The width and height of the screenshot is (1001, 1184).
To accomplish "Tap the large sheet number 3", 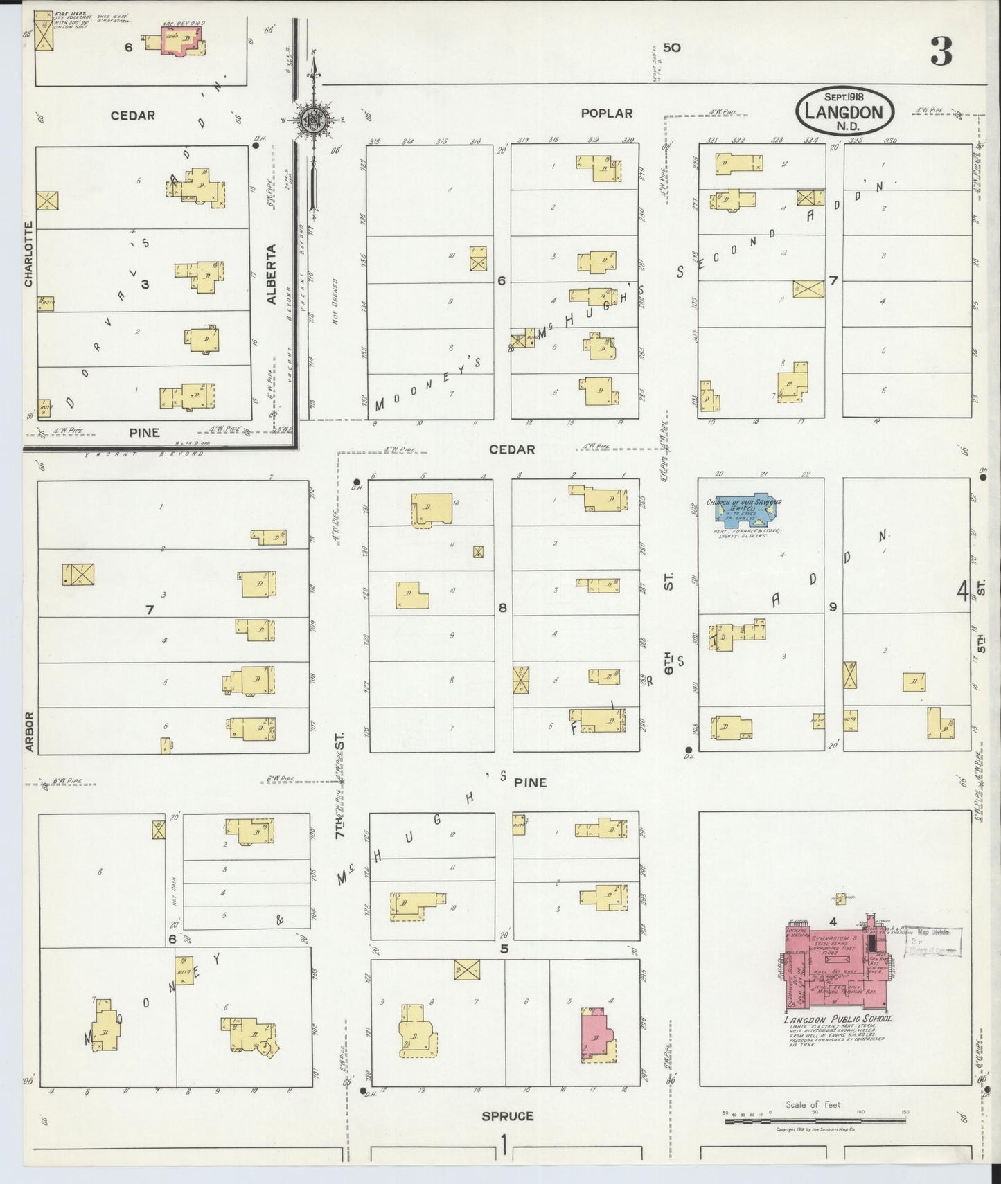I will (x=941, y=51).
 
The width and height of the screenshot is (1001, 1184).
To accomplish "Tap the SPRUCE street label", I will (x=508, y=1116).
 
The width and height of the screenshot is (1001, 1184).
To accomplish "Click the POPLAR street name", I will (x=607, y=114).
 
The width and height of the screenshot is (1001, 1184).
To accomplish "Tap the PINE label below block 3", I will (x=144, y=433).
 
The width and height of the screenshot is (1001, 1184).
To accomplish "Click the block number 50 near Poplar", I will (x=671, y=48).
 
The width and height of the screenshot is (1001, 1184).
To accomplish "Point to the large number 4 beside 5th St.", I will (x=962, y=592).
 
